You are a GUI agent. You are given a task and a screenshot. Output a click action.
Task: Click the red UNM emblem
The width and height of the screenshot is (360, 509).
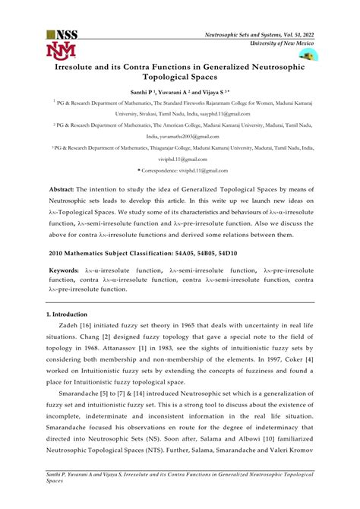(61, 51)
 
